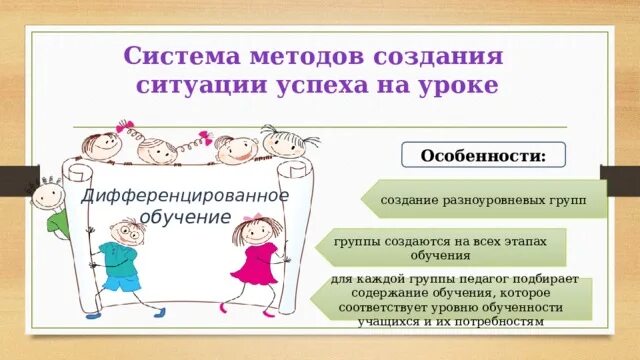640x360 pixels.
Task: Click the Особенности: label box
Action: click(483, 156)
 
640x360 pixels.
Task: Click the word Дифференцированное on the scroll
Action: click(185, 195)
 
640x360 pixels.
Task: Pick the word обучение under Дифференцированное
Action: click(185, 217)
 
